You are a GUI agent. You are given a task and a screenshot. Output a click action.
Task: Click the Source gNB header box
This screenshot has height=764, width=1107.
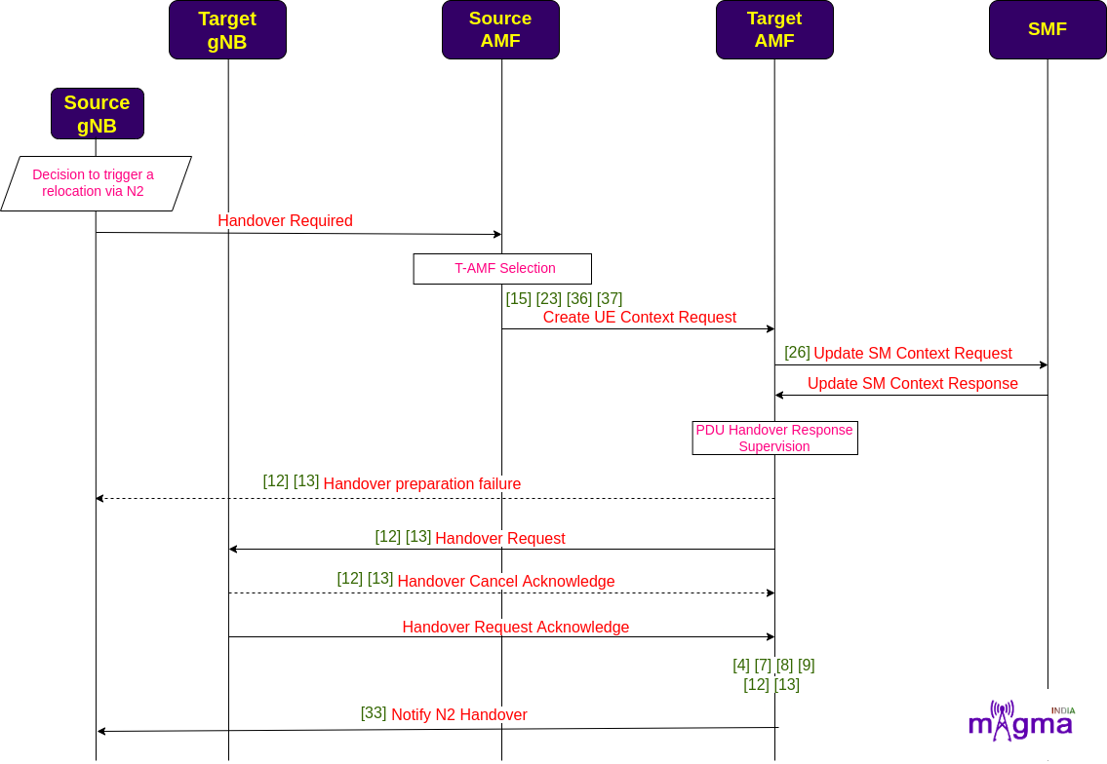point(98,114)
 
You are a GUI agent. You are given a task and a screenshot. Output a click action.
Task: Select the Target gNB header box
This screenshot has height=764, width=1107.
point(227,29)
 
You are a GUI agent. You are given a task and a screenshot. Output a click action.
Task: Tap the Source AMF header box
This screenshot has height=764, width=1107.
point(500,29)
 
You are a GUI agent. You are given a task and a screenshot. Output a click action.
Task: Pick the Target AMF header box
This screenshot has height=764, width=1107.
point(774,29)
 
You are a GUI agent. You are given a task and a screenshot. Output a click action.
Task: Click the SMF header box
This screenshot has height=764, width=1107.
point(1048,29)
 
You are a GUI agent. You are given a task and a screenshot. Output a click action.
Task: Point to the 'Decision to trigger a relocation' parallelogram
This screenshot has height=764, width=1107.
point(96,183)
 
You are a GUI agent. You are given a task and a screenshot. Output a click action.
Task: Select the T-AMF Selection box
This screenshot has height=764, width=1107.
point(502,269)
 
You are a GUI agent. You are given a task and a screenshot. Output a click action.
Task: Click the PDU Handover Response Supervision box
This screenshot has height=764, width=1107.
point(775,439)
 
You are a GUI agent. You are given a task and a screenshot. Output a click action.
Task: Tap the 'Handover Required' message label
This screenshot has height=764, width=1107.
point(285,221)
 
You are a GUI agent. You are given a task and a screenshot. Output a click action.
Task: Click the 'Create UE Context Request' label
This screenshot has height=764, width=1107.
point(640,318)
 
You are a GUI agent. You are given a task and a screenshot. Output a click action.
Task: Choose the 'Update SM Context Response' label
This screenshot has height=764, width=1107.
point(913,384)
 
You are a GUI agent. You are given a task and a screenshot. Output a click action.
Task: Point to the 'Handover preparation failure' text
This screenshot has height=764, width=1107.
point(422,484)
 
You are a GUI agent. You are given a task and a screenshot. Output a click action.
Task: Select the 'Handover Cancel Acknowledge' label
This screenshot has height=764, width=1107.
point(506,582)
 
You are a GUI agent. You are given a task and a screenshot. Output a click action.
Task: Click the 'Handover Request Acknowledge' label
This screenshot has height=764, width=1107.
point(515,628)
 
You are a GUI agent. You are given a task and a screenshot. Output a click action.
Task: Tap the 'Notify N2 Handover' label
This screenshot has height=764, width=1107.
point(459,714)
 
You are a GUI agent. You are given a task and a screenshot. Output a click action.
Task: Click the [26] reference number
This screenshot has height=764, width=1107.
point(797,352)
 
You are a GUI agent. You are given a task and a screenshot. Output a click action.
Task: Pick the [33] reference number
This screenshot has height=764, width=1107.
point(374,713)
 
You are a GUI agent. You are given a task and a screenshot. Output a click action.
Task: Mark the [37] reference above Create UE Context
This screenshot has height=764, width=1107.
point(610,298)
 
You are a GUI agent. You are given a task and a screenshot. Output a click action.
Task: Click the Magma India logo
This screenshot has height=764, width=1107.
point(1021,720)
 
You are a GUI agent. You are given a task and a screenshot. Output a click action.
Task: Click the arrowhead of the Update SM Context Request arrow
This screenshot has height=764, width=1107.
point(1045,365)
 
